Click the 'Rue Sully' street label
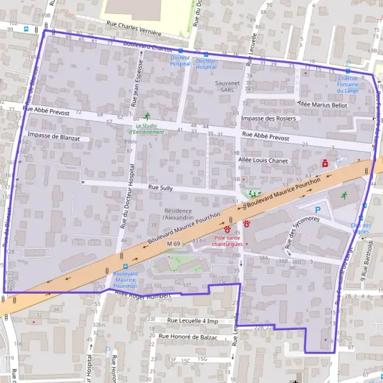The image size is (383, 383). (x=160, y=188)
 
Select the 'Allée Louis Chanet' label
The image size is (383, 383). (x=266, y=160)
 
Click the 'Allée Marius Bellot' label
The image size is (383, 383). (x=322, y=104)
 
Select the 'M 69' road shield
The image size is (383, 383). (x=174, y=244)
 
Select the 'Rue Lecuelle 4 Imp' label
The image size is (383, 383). (x=193, y=320)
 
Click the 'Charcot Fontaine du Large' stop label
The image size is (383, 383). (x=348, y=86)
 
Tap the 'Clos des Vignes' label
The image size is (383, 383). (x=361, y=229)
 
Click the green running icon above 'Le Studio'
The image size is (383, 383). (x=147, y=116)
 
